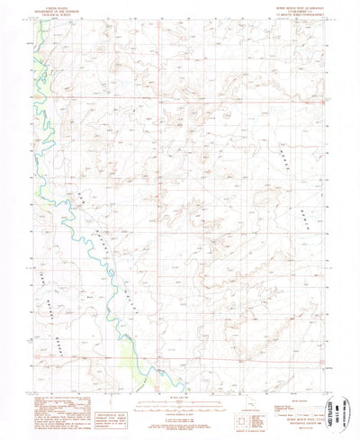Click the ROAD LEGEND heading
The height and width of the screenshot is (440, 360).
pos(254,381)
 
